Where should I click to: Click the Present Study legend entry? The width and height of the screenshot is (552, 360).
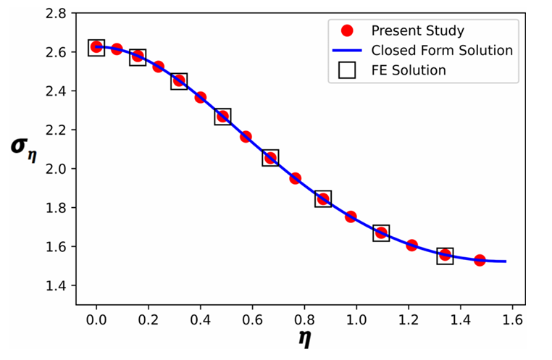click(417, 31)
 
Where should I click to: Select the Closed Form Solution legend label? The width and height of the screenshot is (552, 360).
click(442, 51)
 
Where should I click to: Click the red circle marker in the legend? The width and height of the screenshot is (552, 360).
click(346, 31)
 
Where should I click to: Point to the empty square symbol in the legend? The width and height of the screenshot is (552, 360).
click(346, 70)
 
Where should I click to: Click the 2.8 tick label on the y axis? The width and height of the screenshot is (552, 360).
click(57, 14)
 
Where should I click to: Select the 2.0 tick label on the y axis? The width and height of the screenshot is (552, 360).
click(57, 169)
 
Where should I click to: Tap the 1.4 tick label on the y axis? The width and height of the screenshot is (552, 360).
click(57, 285)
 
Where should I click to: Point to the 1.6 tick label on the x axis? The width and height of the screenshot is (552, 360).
click(513, 319)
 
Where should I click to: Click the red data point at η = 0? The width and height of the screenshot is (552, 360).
click(96, 47)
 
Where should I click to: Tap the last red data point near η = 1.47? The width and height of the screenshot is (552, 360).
click(480, 260)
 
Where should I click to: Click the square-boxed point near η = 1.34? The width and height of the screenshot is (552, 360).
click(446, 255)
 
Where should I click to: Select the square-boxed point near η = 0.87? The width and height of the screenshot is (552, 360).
click(323, 199)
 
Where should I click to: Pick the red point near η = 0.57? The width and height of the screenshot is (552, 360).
click(246, 137)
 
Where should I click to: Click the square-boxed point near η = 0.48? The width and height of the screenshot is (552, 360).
click(222, 117)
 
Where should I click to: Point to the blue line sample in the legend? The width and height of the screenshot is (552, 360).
click(346, 51)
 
